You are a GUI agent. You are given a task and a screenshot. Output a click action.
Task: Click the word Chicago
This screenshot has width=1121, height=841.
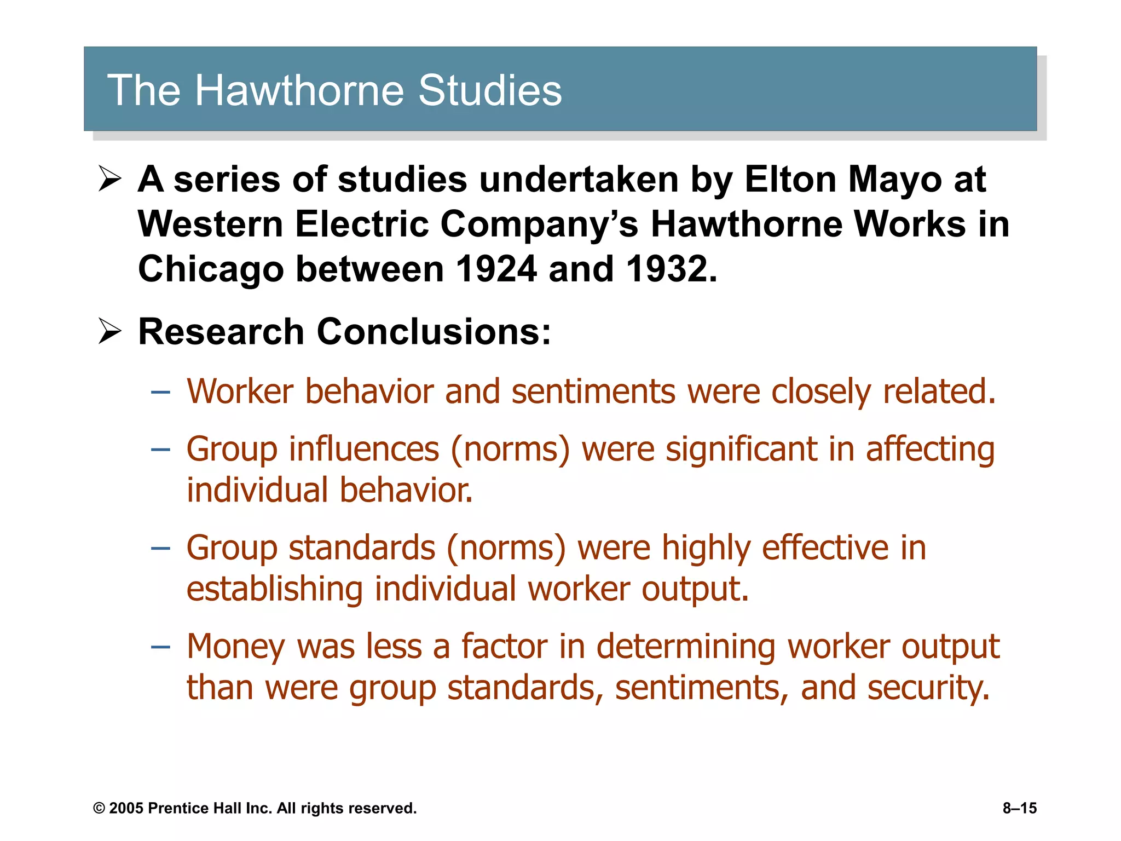(x=211, y=270)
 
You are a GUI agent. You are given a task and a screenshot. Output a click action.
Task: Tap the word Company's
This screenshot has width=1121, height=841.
(x=539, y=225)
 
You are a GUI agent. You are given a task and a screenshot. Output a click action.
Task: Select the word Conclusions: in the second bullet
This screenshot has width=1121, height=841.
(x=434, y=332)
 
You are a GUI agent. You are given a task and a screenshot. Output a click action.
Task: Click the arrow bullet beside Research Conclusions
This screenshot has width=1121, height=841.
(x=109, y=331)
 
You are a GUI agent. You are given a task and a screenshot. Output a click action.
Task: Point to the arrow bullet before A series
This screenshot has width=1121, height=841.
(x=109, y=179)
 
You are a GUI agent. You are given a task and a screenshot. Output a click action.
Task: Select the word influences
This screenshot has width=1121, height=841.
(x=363, y=449)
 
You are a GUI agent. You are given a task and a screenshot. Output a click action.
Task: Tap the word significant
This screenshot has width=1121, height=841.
(x=741, y=449)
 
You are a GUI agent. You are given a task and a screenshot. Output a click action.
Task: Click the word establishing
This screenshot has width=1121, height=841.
(x=274, y=590)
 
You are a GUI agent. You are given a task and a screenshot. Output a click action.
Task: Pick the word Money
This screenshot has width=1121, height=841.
(x=235, y=647)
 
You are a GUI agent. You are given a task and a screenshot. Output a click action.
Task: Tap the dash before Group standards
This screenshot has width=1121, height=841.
(x=160, y=548)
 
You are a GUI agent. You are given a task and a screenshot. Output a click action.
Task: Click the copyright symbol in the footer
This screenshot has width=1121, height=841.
(x=99, y=808)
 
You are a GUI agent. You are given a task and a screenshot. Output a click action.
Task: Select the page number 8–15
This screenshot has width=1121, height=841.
(x=1019, y=808)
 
